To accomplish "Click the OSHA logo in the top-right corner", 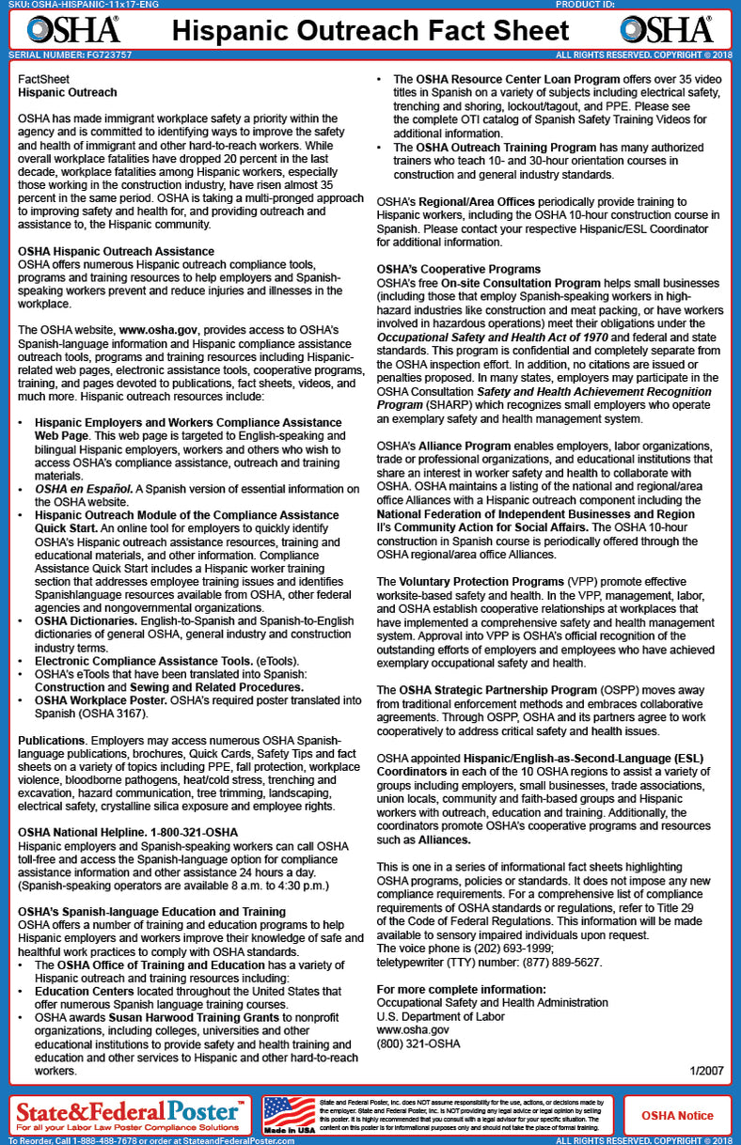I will click(x=667, y=30).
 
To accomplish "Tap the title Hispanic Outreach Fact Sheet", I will click(x=370, y=30).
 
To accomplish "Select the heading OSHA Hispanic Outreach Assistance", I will click(x=117, y=252).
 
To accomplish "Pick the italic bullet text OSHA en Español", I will click(x=85, y=489).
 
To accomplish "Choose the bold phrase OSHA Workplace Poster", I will click(x=101, y=700).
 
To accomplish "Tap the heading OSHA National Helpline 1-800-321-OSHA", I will click(x=128, y=833).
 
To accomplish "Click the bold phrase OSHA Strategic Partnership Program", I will click(x=498, y=690).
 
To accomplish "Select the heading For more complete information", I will click(x=461, y=990).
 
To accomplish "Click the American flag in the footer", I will click(x=288, y=1115).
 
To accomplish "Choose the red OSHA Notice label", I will click(x=677, y=1116).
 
